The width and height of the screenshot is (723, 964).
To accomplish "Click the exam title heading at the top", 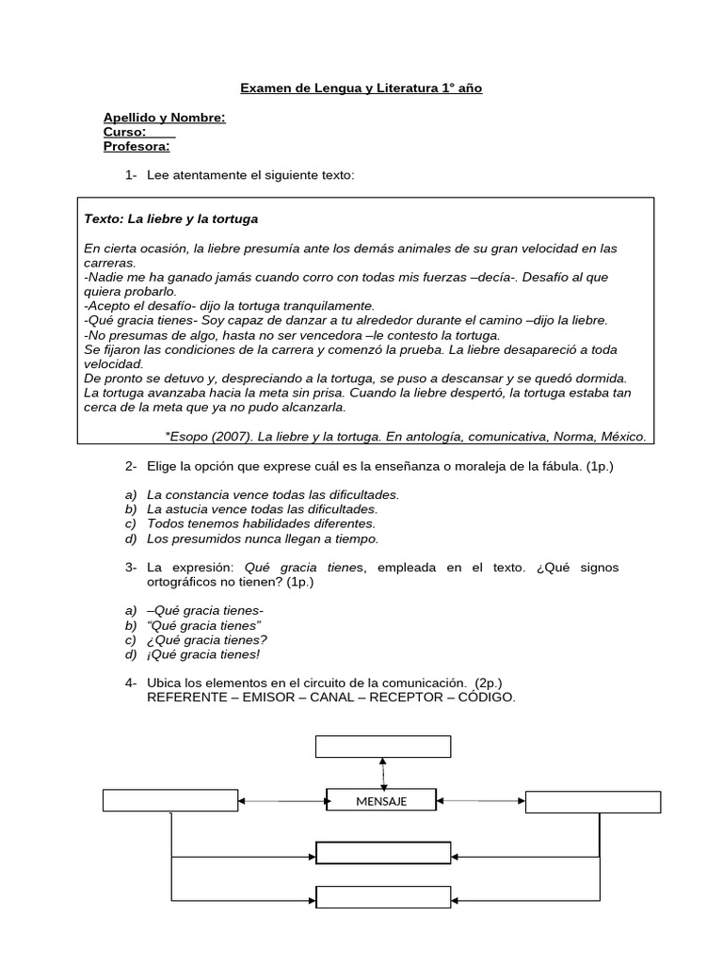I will click(x=361, y=88).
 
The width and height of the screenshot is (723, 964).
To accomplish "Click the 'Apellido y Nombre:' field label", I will click(x=164, y=118).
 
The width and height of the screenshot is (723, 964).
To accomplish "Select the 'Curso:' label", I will click(x=124, y=133).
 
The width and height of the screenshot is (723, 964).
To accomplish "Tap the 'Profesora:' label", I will click(x=137, y=147).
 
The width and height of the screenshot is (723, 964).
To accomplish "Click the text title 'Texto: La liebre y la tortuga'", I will click(x=170, y=218).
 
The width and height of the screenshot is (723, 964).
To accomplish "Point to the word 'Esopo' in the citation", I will click(x=187, y=436).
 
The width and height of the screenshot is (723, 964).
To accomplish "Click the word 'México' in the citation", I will click(x=623, y=436).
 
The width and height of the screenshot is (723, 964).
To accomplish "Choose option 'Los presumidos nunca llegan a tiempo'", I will click(x=263, y=538).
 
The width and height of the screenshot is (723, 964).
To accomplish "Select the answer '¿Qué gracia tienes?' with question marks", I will click(x=207, y=640).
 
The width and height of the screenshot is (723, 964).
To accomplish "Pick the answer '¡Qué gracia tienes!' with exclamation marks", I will click(x=203, y=654).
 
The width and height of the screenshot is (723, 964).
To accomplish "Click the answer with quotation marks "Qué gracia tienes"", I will click(x=204, y=625).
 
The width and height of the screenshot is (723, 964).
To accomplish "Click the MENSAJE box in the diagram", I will click(x=381, y=800).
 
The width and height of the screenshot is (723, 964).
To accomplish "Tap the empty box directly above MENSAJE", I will click(x=382, y=747).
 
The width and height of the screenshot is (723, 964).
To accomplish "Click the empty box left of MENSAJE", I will click(x=169, y=800).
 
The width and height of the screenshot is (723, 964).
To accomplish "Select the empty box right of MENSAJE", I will click(x=593, y=802).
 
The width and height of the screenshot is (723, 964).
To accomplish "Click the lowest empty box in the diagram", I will click(x=382, y=896).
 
